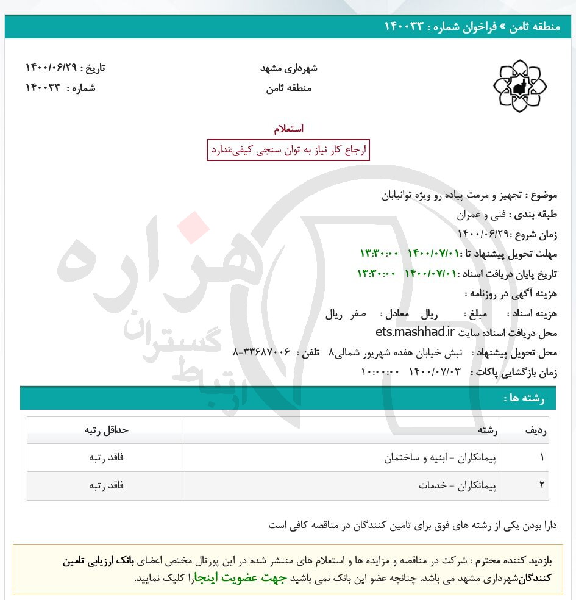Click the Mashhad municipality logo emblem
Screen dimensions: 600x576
coord(519,86)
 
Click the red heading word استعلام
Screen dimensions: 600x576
coord(288,129)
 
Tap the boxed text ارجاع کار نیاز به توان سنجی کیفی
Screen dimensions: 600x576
coord(288,149)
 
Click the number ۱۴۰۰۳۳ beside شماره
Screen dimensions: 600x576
coord(43,87)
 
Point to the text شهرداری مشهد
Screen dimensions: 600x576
coord(289,68)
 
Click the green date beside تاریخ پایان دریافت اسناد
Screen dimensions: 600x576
coord(407,273)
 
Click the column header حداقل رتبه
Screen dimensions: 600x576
coord(107,430)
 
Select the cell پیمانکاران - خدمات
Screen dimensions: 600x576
coord(458,485)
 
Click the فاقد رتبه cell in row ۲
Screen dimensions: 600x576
coord(107,485)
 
